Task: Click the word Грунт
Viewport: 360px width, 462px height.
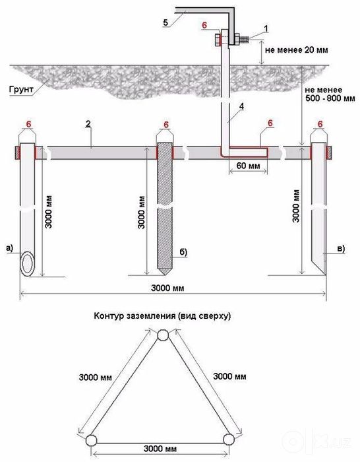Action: (x=21, y=88)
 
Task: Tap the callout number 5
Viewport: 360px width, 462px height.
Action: (x=166, y=22)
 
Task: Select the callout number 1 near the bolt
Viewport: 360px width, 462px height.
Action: (x=266, y=28)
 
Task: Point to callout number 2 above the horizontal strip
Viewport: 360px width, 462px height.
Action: (x=88, y=124)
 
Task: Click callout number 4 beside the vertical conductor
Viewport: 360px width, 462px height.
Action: (x=242, y=107)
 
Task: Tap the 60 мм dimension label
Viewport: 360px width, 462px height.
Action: (x=248, y=166)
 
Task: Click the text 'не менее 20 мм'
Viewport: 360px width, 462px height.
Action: (x=297, y=49)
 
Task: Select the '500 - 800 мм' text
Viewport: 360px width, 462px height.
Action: (x=330, y=98)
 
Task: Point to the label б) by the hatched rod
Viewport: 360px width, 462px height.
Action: (x=183, y=253)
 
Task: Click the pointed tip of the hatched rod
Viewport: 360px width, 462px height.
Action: (x=165, y=275)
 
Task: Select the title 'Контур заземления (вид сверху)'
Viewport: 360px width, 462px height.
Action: (x=162, y=316)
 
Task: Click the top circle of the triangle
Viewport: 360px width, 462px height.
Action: (x=163, y=335)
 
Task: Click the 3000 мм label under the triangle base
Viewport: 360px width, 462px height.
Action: (x=160, y=449)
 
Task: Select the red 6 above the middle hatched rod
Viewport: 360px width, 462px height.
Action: (x=166, y=125)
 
